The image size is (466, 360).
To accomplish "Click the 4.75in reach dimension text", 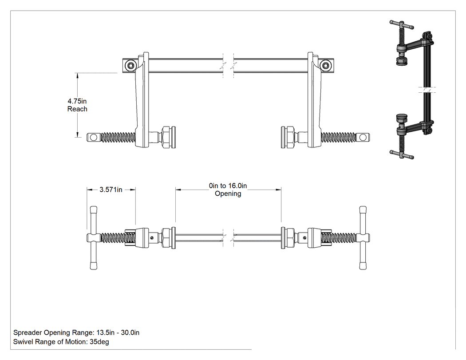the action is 77,105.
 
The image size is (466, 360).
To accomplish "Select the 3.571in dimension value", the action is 111,190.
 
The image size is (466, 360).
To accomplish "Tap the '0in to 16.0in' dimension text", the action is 228,186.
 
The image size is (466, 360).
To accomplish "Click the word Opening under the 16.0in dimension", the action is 228,194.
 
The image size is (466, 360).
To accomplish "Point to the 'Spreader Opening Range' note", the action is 76,332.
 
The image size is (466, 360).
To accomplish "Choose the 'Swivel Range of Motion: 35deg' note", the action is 61,341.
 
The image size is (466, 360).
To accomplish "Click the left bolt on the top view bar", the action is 130,65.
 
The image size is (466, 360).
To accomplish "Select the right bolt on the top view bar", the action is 326,65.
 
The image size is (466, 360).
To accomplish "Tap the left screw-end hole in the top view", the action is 93,137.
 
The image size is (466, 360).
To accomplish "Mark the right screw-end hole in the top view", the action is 363,137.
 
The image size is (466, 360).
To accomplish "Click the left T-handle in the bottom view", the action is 93,238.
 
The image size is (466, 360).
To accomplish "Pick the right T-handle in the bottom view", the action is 363,238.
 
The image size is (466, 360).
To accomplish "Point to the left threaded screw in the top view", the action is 118,137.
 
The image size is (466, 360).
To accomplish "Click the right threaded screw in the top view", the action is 338,137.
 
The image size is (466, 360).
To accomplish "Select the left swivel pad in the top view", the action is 168,137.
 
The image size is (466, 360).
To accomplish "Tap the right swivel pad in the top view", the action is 288,137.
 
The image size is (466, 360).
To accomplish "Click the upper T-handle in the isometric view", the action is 402,25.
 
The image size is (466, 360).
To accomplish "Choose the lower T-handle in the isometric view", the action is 402,154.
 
